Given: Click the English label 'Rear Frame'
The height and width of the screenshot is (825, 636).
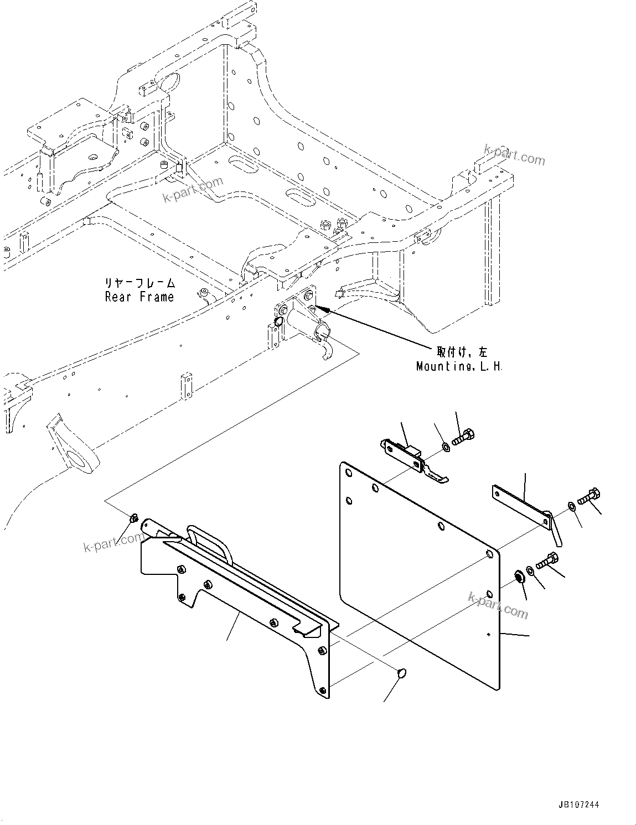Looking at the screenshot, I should (139, 297).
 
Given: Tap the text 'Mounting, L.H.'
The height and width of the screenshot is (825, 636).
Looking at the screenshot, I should (459, 366).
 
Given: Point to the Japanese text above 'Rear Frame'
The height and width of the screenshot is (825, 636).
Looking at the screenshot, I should (139, 283).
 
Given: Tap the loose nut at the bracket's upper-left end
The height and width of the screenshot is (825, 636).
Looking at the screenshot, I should (133, 518).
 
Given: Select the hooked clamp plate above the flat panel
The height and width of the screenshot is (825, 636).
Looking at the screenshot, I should (412, 456).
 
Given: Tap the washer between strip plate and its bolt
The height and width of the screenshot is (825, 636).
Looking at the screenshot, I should (570, 505).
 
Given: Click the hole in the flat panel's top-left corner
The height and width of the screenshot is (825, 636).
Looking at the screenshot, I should (348, 473).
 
